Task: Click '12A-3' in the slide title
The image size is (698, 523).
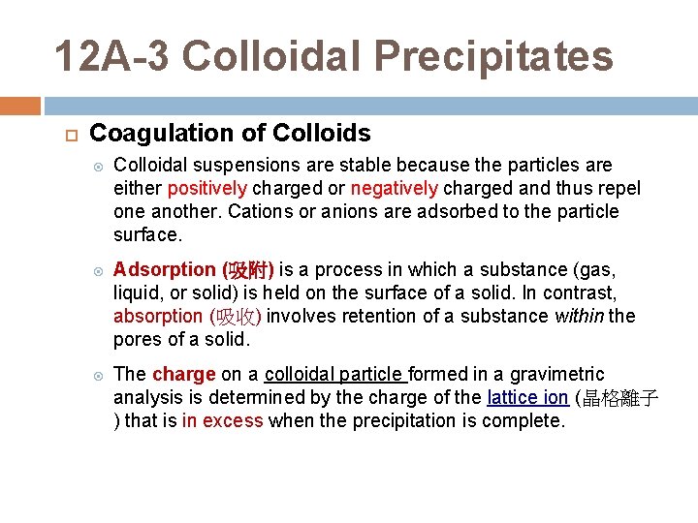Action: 111,56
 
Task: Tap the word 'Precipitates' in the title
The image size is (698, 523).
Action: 493,56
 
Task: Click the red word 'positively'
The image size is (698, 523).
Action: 206,188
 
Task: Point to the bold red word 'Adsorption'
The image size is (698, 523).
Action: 164,269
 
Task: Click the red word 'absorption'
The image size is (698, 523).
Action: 157,316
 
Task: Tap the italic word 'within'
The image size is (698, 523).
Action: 580,316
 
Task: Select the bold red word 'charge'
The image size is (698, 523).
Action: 183,374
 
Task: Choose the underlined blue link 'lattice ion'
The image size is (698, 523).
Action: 527,397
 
